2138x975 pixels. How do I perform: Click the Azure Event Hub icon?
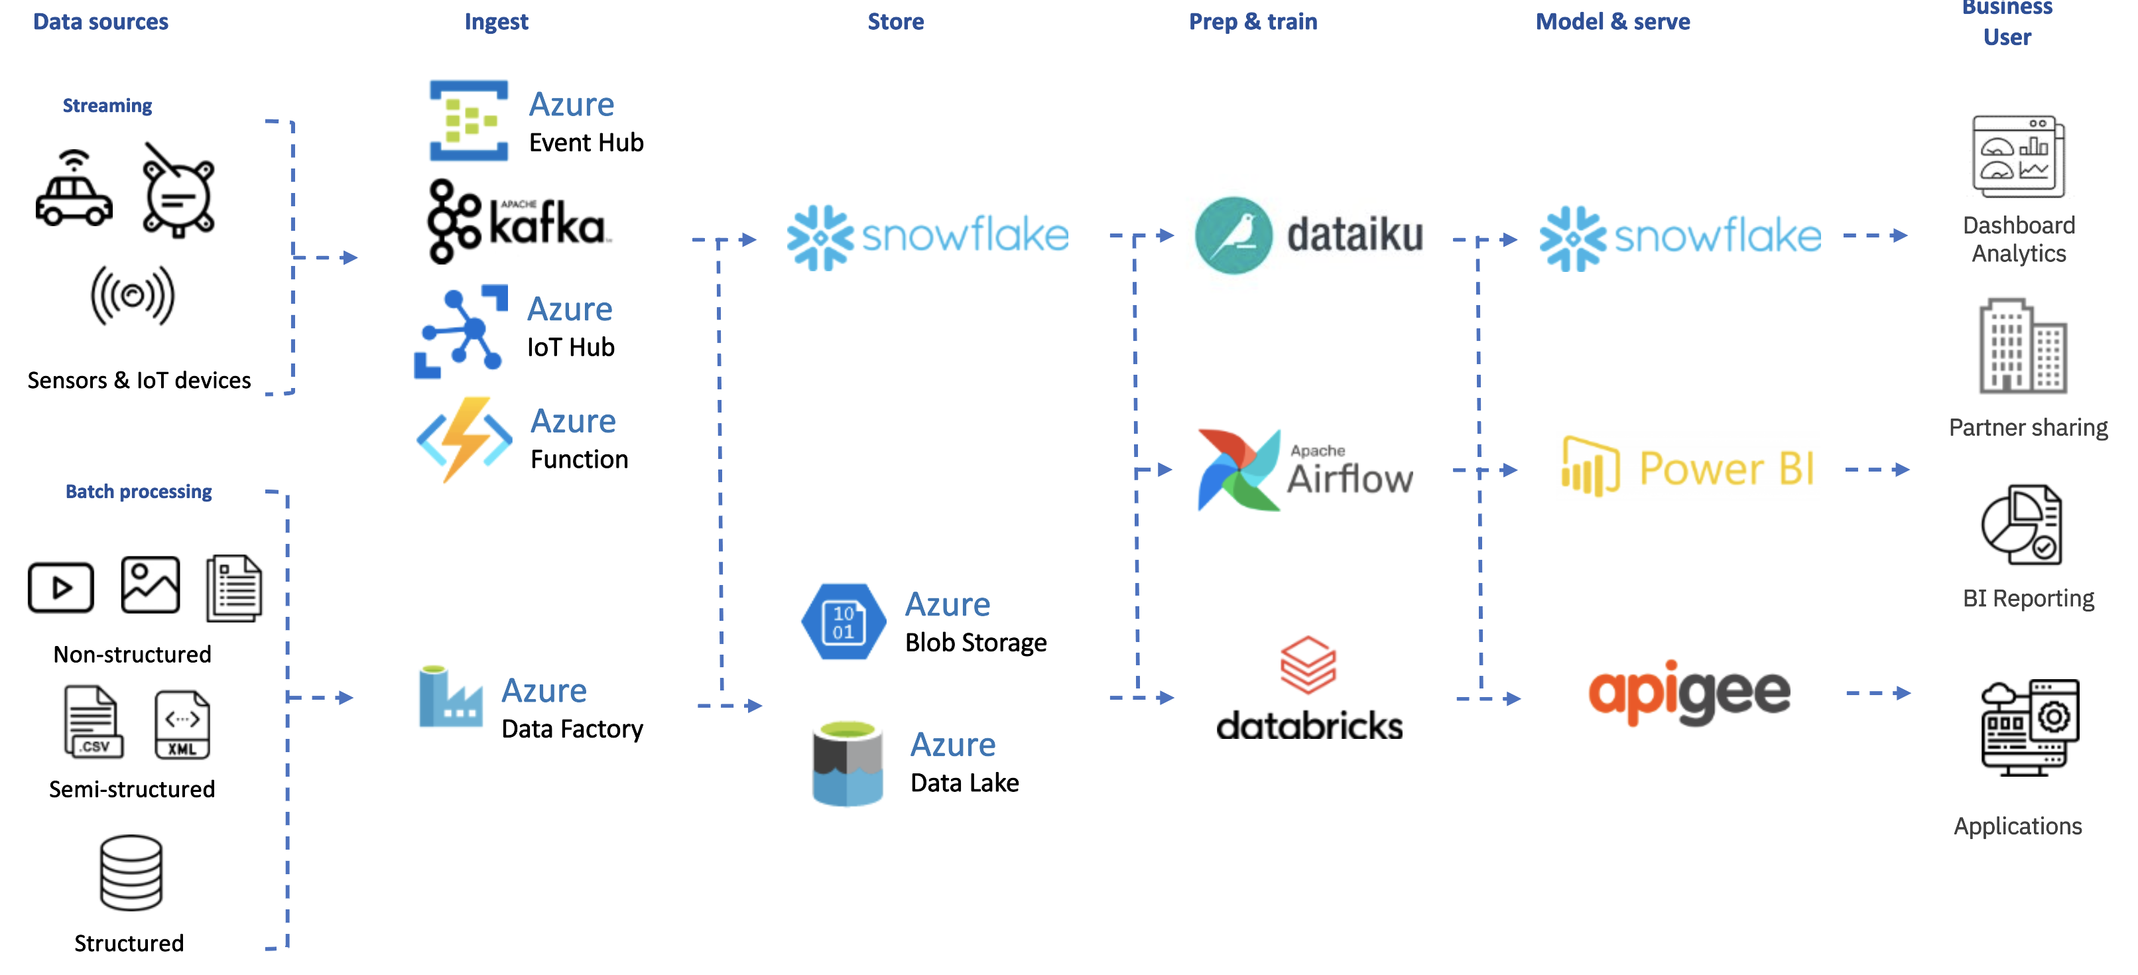click(468, 120)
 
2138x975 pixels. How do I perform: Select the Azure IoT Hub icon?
click(462, 331)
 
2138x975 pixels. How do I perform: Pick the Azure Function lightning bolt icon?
click(464, 439)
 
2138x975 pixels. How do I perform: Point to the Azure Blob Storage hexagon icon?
click(844, 621)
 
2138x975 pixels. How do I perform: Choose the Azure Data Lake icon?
click(847, 763)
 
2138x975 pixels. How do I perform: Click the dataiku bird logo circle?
click(1233, 235)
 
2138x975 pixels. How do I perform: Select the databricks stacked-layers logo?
click(1308, 665)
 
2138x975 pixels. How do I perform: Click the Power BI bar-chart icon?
click(1590, 466)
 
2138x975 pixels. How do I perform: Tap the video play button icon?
click(60, 588)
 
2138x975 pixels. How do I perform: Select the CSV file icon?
click(93, 722)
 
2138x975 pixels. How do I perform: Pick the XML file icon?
click(182, 724)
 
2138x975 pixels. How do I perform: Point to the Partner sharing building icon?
click(2022, 346)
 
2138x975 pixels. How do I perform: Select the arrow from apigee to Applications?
click(1877, 693)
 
